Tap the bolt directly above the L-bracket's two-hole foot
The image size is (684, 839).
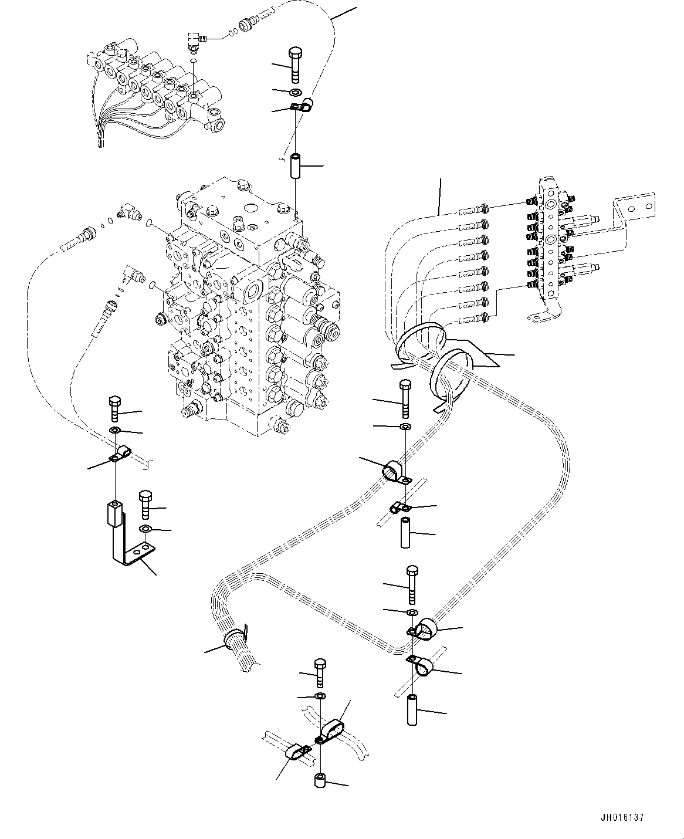click(x=145, y=503)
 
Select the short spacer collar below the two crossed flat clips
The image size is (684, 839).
click(x=321, y=781)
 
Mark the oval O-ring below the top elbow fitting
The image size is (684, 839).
click(x=194, y=59)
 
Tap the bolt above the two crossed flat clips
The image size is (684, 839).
click(x=320, y=672)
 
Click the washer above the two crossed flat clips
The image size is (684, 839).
click(x=320, y=696)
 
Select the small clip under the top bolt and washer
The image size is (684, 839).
click(x=300, y=107)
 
